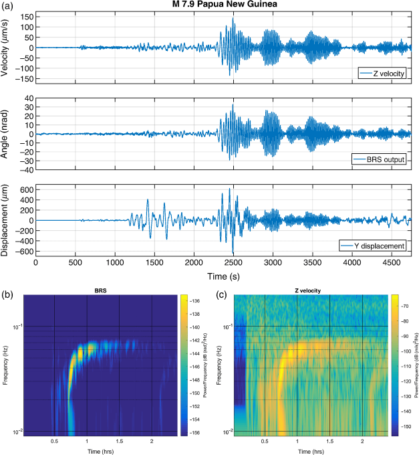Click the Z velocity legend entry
click(x=382, y=73)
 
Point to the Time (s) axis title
click(x=223, y=276)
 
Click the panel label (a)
click(x=9, y=5)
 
